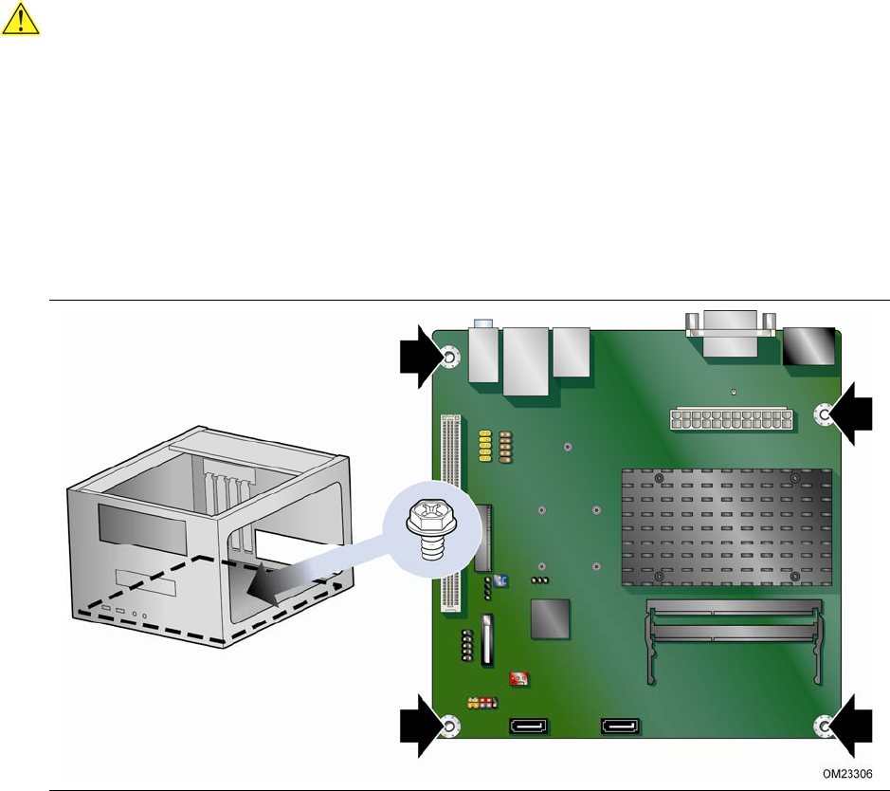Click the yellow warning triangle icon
click(21, 19)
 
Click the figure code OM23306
click(847, 773)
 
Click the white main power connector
click(731, 419)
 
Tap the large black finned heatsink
click(727, 528)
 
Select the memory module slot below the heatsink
click(734, 639)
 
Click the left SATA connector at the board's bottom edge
click(529, 726)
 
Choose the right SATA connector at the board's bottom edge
click(620, 726)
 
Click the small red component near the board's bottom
click(518, 678)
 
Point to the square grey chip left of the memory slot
click(550, 618)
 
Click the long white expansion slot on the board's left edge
click(450, 513)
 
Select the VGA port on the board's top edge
click(730, 333)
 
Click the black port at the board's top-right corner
click(808, 346)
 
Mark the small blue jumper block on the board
click(500, 580)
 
